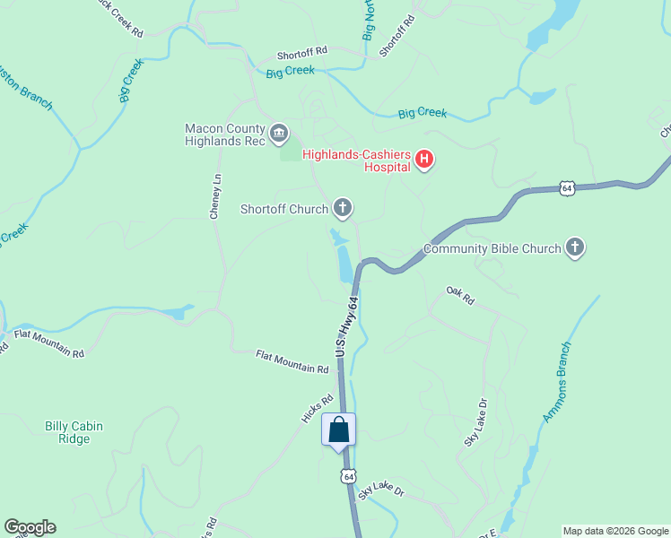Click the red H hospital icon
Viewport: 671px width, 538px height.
[424, 161]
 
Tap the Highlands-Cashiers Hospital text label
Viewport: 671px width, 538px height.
[356, 161]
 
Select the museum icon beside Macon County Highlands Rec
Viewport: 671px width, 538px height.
[279, 134]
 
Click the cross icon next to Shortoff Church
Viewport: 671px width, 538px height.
[342, 209]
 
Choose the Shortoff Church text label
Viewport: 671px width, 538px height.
[284, 210]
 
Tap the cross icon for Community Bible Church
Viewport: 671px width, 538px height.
[575, 248]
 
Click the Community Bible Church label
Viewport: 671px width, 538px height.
[492, 249]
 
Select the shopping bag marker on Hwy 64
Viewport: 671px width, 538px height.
[339, 430]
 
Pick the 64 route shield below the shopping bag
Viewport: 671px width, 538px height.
[348, 476]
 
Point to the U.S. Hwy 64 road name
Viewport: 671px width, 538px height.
[345, 328]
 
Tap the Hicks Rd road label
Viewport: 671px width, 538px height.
[318, 408]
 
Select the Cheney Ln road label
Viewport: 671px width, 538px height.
[215, 197]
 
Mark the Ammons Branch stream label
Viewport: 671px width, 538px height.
[557, 382]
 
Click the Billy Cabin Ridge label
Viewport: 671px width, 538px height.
[67, 432]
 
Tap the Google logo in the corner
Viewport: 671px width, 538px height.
[30, 527]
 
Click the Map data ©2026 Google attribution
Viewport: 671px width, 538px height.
[615, 531]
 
